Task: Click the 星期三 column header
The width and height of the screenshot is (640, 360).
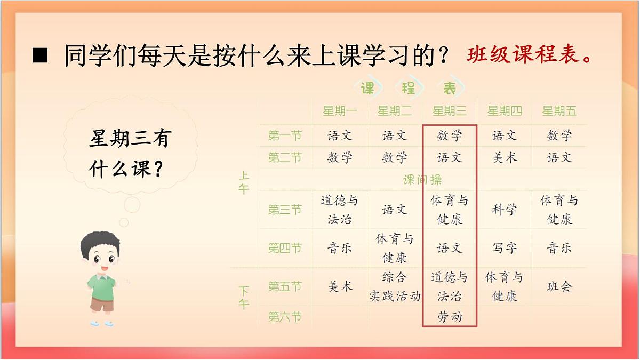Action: pyautogui.click(x=449, y=111)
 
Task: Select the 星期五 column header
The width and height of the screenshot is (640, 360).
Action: pyautogui.click(x=559, y=111)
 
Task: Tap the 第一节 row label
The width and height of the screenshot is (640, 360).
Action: pyautogui.click(x=285, y=135)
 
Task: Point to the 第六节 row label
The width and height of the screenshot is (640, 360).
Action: pyautogui.click(x=285, y=317)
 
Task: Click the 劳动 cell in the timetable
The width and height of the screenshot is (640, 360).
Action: pyautogui.click(x=449, y=317)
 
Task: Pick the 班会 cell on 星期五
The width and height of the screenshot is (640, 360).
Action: pyautogui.click(x=559, y=286)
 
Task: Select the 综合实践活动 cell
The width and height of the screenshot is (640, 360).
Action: pyautogui.click(x=395, y=286)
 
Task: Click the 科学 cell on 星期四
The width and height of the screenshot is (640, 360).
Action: pyautogui.click(x=504, y=210)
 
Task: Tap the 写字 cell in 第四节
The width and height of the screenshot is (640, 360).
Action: pyautogui.click(x=504, y=248)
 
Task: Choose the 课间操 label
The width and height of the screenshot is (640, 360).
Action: pyautogui.click(x=422, y=180)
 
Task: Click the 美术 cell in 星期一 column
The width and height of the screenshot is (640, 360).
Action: pyautogui.click(x=340, y=286)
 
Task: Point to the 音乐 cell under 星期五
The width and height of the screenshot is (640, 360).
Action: pyautogui.click(x=559, y=248)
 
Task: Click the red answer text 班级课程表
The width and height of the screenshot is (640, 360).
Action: pyautogui.click(x=530, y=55)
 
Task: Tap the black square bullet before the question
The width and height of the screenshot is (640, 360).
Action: pyautogui.click(x=40, y=55)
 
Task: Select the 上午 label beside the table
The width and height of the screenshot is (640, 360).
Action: pyautogui.click(x=244, y=182)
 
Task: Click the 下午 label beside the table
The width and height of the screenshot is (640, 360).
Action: pyautogui.click(x=244, y=298)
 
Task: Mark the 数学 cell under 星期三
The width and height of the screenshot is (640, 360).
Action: pyautogui.click(x=449, y=135)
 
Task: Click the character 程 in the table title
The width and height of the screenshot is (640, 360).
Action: pyautogui.click(x=409, y=89)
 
